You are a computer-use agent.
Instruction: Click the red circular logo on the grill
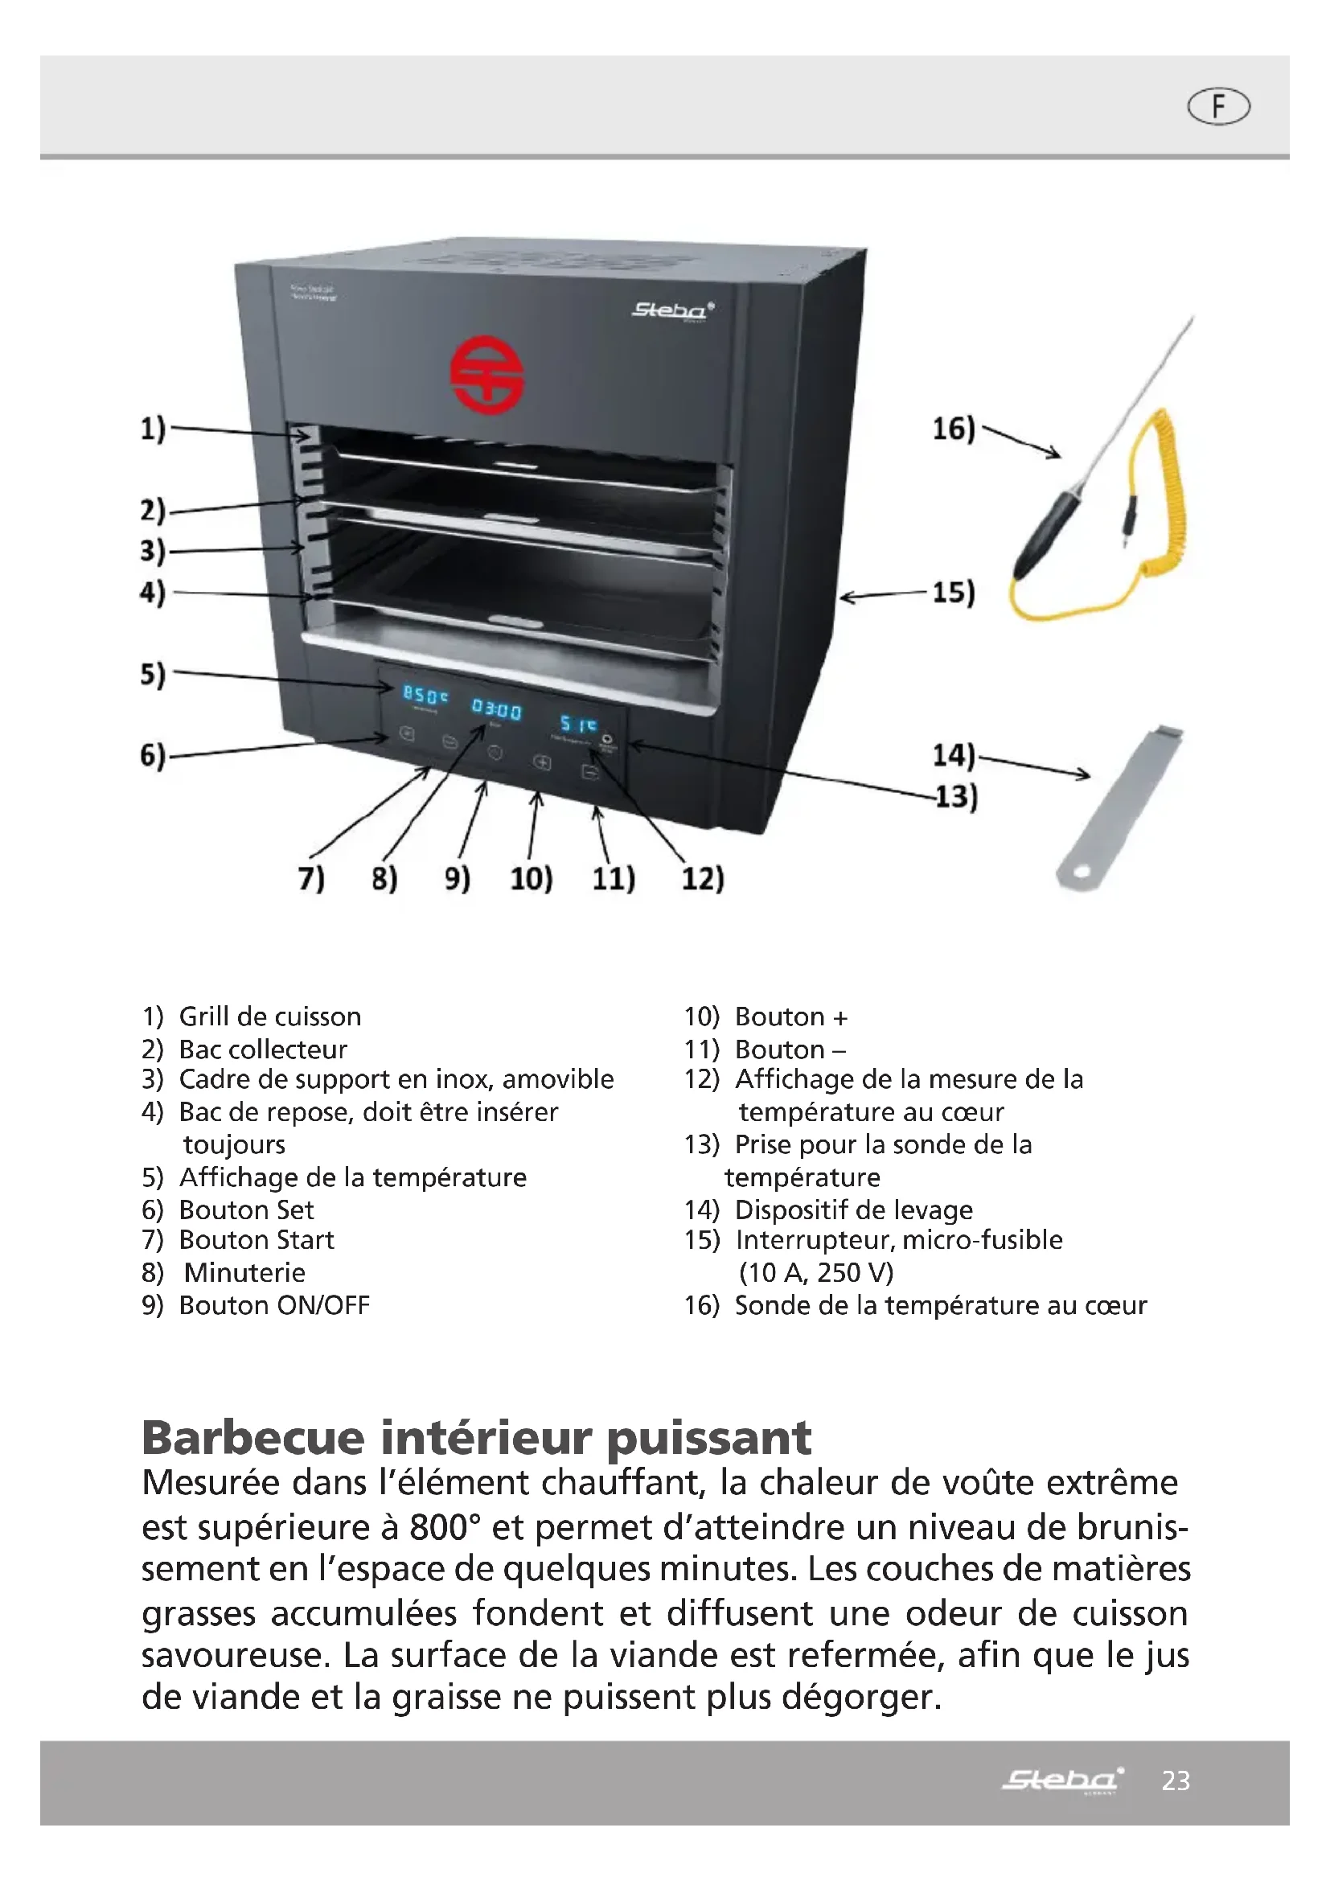click(487, 376)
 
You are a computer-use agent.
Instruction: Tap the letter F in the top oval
click(1218, 107)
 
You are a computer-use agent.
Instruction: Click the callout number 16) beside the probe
click(954, 429)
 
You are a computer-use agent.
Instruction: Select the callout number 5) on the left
click(153, 674)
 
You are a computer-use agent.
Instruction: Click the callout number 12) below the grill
click(703, 878)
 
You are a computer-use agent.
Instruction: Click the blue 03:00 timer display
click(496, 708)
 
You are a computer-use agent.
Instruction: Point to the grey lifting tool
click(1121, 806)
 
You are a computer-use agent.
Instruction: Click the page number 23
click(1176, 1780)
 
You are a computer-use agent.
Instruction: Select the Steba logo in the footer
click(1062, 1780)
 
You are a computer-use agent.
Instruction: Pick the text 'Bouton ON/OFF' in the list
click(274, 1305)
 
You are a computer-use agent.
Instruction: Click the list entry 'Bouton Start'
click(257, 1239)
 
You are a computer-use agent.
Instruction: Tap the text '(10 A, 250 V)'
click(815, 1272)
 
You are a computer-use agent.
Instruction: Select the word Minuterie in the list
click(244, 1272)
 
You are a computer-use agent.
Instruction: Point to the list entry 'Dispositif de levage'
click(853, 1210)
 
